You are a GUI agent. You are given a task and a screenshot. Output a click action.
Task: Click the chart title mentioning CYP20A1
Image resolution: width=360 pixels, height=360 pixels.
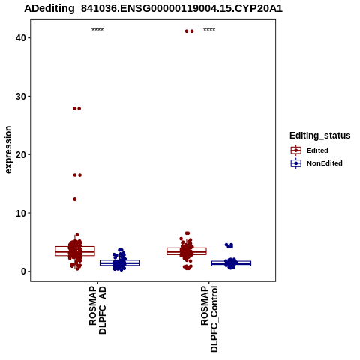pos(153,8)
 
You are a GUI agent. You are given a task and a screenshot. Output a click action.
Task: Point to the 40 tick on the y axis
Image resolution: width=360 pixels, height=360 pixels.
pos(21,38)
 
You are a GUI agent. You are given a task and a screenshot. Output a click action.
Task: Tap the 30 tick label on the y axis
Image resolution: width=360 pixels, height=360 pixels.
pos(21,97)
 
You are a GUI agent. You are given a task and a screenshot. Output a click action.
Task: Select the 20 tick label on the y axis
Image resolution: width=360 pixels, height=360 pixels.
pos(21,154)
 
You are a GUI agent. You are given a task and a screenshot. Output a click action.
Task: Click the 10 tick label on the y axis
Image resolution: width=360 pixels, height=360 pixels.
pos(21,213)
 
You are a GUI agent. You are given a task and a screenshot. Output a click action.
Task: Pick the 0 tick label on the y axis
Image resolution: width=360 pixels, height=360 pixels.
pos(23,271)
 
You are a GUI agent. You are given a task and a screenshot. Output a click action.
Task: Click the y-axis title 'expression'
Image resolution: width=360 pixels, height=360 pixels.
pos(8,150)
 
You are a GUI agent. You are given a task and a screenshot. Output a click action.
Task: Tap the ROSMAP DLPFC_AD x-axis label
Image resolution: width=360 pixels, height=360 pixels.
pos(97,310)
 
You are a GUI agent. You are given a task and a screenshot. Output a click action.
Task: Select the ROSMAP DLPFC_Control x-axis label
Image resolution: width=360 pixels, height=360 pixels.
pos(209,319)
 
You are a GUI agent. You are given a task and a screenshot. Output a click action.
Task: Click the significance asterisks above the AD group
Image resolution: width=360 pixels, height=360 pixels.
pos(97,30)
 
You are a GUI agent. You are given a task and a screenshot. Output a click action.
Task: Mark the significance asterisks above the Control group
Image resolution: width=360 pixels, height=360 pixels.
pos(209,30)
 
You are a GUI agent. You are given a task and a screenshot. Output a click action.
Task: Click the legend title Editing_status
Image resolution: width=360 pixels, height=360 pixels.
pos(320,136)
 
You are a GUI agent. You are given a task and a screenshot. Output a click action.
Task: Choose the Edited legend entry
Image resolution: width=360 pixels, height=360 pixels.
pos(317,151)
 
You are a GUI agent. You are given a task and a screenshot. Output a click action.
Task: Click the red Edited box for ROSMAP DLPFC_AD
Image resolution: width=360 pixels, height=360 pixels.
pos(75,250)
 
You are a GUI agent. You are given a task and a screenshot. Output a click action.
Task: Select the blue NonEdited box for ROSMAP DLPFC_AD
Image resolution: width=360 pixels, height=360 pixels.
pos(119,262)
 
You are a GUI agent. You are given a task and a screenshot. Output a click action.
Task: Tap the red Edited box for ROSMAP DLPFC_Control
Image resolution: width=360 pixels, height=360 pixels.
pos(187,251)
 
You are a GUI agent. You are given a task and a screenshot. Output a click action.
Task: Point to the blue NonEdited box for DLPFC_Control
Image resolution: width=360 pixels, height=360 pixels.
pos(231,263)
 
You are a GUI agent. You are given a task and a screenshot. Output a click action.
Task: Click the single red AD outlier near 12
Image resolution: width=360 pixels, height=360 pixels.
pos(75,199)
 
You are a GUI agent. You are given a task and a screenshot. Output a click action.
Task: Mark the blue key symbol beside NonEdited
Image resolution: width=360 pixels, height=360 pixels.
pos(296,163)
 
